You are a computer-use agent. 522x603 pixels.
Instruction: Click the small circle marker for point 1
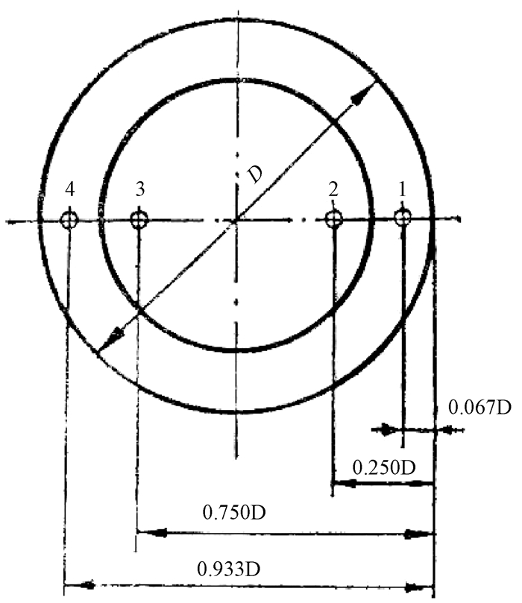pos(403,218)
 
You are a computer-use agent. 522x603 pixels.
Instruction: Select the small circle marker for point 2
pos(333,220)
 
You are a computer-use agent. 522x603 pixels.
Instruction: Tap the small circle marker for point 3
pos(139,221)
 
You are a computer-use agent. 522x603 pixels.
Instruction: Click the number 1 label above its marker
pos(403,189)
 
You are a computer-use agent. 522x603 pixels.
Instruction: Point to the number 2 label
pos(333,189)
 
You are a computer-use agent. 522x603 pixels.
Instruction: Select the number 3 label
pos(140,189)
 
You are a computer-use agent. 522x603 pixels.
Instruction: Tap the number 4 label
pos(69,189)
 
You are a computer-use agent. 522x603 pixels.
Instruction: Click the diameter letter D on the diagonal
pos(255,174)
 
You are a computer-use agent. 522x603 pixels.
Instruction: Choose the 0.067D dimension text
pos(479,407)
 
